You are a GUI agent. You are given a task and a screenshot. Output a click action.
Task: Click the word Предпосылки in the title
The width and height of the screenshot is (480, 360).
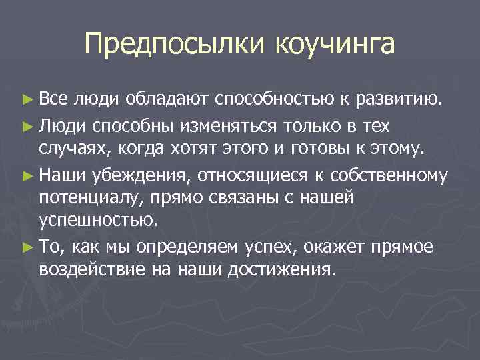(x=175, y=45)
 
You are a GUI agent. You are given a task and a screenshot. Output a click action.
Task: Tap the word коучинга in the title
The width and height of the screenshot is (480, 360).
(x=334, y=45)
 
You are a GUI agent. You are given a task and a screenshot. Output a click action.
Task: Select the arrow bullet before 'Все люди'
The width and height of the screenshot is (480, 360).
(x=27, y=101)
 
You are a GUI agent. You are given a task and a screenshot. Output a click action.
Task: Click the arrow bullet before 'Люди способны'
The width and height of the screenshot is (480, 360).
(x=27, y=125)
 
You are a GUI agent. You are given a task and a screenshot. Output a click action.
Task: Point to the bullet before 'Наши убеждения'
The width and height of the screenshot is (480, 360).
(x=27, y=176)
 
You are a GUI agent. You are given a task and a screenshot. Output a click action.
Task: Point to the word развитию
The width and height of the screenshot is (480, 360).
(x=398, y=100)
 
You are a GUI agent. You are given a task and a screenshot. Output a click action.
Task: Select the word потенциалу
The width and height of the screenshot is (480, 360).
(x=83, y=199)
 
